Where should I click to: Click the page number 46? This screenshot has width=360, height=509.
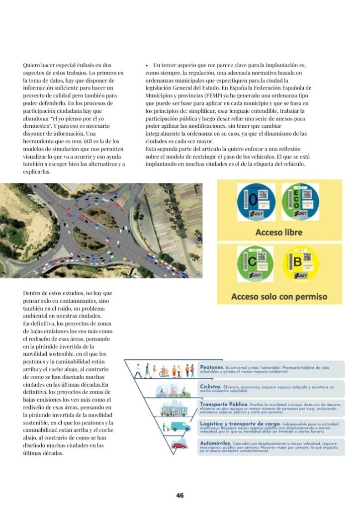[x=180, y=495]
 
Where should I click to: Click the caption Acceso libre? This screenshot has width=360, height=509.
[x=278, y=232]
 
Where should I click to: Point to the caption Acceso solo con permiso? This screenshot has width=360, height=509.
[x=279, y=297]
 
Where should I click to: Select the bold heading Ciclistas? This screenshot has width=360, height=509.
[x=211, y=386]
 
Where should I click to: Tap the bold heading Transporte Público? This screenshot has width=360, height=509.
[x=222, y=405]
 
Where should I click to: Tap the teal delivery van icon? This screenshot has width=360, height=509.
[x=180, y=426]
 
